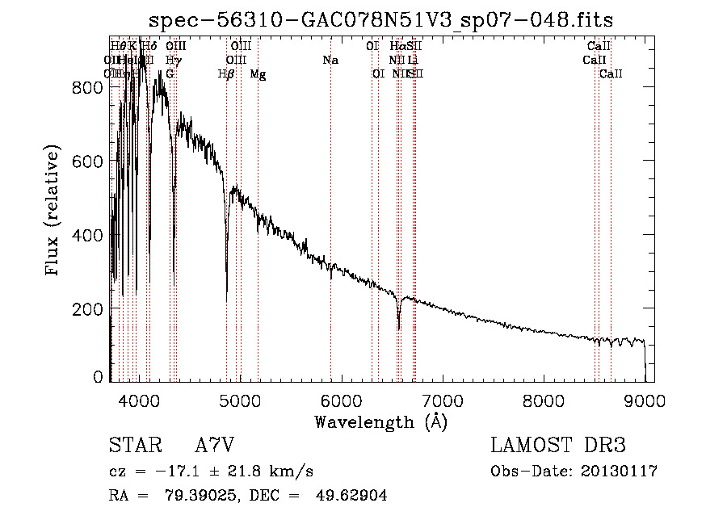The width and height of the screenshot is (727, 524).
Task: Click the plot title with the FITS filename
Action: tap(383, 21)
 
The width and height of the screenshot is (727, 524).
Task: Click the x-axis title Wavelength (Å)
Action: tap(380, 421)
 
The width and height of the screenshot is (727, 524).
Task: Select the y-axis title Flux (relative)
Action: tap(54, 212)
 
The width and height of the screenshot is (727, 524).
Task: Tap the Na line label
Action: tap(330, 61)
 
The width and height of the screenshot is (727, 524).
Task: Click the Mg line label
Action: tap(258, 74)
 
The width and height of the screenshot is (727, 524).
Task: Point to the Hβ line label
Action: tap(226, 74)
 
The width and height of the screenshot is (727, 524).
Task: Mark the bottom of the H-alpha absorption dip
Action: tap(399, 329)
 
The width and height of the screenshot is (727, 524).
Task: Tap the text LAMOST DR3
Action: tap(558, 446)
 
